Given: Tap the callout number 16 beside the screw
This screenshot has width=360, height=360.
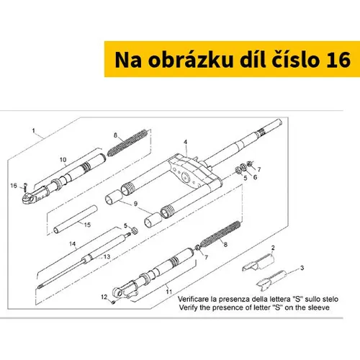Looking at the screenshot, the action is pyautogui.click(x=14, y=186).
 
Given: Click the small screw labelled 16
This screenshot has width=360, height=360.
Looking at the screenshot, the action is pyautogui.click(x=26, y=186).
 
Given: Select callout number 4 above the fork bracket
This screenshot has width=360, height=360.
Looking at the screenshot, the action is pyautogui.click(x=185, y=142).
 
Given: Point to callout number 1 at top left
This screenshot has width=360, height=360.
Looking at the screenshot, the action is pyautogui.click(x=33, y=130).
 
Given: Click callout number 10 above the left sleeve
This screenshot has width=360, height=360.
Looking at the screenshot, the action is pyautogui.click(x=63, y=160).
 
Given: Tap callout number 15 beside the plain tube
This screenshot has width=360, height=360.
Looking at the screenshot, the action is pyautogui.click(x=87, y=225).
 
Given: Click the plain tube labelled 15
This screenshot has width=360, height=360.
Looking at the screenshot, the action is pyautogui.click(x=76, y=219).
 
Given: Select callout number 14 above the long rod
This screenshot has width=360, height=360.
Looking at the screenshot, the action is pyautogui.click(x=72, y=244).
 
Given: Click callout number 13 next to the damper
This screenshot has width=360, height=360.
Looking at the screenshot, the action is pyautogui.click(x=107, y=256).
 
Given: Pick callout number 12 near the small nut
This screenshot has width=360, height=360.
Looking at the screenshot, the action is pyautogui.click(x=104, y=297).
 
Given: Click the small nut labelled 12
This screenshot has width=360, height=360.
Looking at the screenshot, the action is pyautogui.click(x=114, y=302).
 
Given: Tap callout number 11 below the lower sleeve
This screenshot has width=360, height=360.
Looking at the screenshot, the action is pyautogui.click(x=169, y=292).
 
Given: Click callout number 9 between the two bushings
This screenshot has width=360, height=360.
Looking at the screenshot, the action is pyautogui.click(x=135, y=204).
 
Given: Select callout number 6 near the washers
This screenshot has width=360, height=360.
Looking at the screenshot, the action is pyautogui.click(x=255, y=177).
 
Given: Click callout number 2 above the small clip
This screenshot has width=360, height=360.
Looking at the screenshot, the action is pyautogui.click(x=273, y=248).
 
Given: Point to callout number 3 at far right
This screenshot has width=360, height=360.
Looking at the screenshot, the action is pyautogui.click(x=302, y=268).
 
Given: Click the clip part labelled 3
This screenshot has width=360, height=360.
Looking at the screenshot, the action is pyautogui.click(x=271, y=280).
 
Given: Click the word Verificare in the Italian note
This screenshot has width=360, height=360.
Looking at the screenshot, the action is pyautogui.click(x=194, y=299).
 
